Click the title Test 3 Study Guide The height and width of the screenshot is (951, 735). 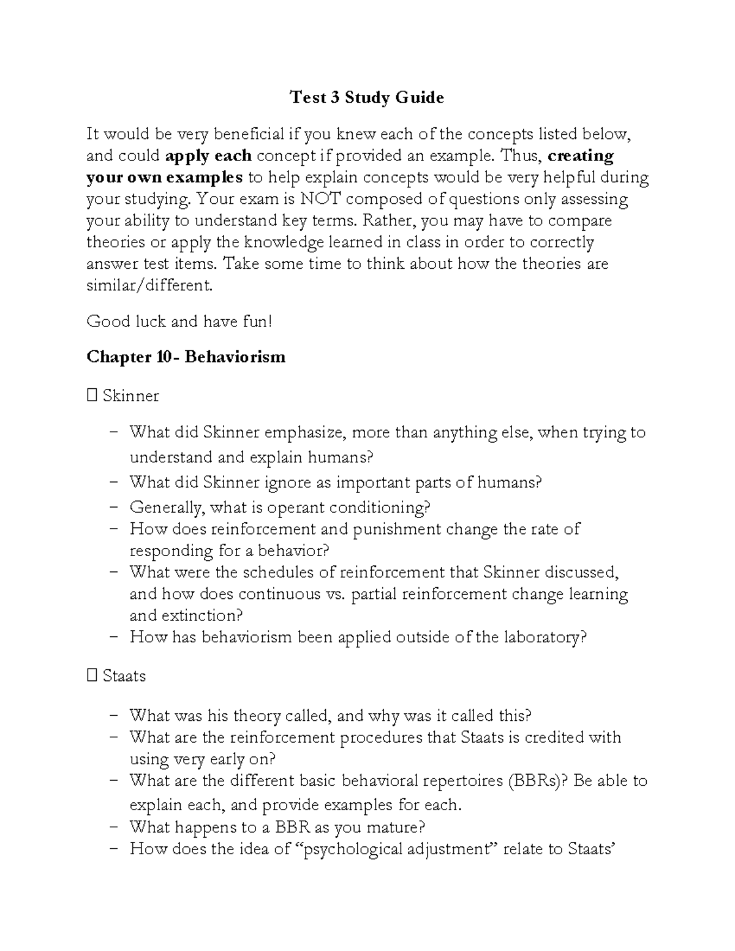366,97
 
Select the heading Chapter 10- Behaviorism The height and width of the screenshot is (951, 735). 186,357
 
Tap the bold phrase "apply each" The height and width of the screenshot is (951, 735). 208,156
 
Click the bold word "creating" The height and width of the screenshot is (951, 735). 581,156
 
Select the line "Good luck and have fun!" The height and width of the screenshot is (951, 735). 179,321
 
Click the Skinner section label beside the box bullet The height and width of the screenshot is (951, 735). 130,396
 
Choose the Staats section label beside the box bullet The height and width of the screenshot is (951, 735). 124,676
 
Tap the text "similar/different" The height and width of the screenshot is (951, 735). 149,285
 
